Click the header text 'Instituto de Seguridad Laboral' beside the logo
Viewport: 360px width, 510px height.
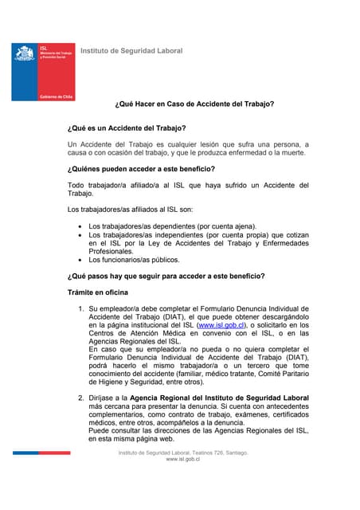pos(131,51)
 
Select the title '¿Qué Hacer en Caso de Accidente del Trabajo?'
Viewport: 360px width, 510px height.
pos(194,104)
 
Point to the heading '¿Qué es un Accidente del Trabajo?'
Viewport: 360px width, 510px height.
pos(127,128)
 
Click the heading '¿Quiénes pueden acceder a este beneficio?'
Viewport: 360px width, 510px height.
pos(141,169)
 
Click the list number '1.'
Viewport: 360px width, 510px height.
pos(80,308)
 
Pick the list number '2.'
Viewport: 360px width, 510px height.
pos(80,397)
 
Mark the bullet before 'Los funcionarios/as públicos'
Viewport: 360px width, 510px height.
pos(80,260)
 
